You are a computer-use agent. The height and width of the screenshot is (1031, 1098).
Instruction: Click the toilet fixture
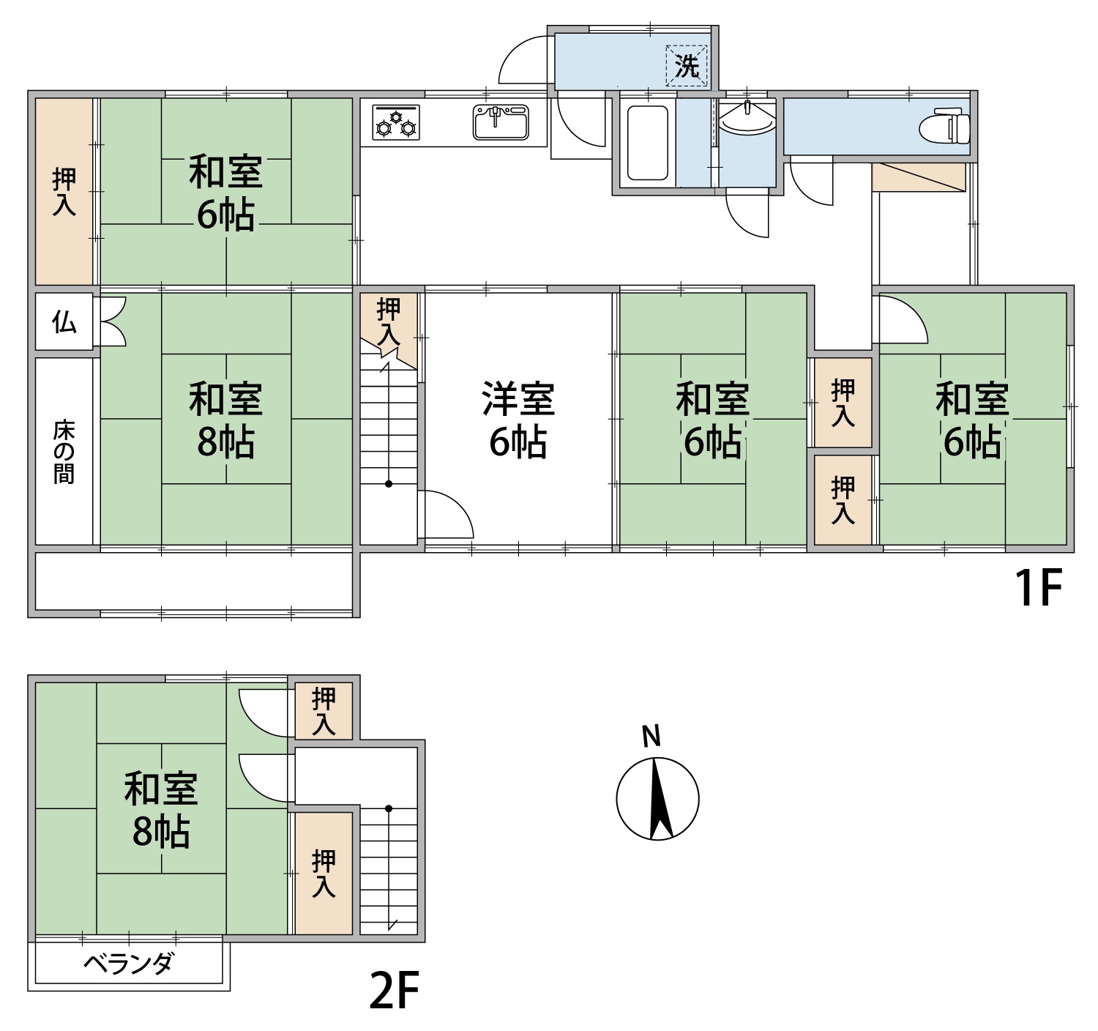[944, 129]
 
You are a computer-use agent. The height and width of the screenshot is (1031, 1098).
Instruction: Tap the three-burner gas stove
[396, 122]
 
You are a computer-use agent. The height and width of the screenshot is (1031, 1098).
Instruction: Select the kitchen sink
[501, 122]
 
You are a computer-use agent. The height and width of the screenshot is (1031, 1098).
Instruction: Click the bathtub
[647, 144]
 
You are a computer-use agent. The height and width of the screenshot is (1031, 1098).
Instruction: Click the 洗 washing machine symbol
[687, 66]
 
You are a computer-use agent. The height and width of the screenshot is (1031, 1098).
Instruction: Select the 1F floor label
[1038, 589]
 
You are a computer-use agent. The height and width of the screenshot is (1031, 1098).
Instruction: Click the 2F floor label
[395, 990]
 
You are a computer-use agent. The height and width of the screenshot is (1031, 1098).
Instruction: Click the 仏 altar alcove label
[64, 321]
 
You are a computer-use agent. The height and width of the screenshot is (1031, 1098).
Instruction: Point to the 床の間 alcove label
[64, 452]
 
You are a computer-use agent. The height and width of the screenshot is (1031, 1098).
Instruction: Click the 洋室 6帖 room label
[518, 420]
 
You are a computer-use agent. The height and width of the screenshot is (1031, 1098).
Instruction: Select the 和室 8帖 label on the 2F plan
[161, 811]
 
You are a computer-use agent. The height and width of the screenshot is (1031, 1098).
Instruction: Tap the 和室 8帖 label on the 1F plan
[226, 420]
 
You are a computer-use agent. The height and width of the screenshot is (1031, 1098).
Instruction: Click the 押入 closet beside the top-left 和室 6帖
[64, 191]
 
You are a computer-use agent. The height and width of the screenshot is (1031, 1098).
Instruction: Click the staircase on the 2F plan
[389, 871]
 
